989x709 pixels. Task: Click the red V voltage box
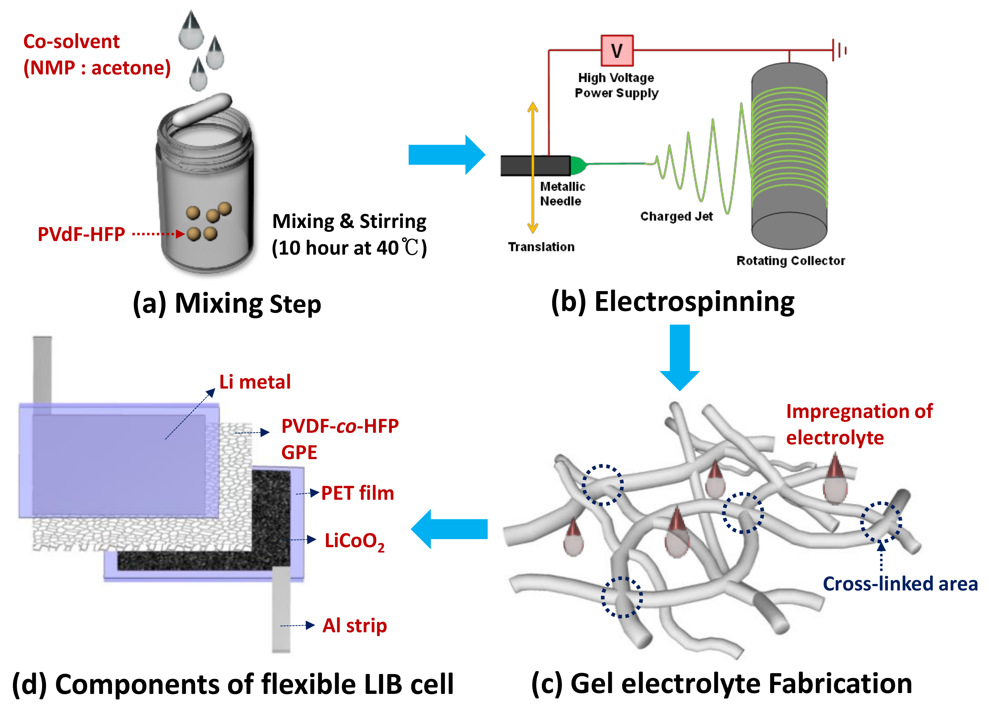pos(617,51)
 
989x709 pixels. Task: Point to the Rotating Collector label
pos(790,261)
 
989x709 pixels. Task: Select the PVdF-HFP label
pos(81,234)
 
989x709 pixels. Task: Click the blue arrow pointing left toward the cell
pos(449,529)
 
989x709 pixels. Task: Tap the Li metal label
pos(255,382)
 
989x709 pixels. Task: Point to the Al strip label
pos(355,626)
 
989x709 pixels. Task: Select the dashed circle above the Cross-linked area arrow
pos(881,522)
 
